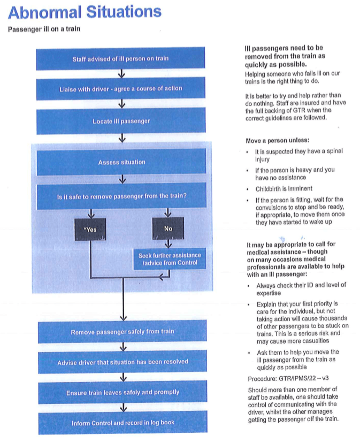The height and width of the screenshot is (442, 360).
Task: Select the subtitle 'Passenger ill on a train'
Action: [x=44, y=28]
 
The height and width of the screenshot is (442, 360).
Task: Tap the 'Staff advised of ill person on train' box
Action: [x=121, y=58]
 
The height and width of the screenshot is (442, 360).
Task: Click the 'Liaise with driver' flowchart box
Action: [x=121, y=88]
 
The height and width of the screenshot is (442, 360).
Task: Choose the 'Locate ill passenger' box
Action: [x=121, y=121]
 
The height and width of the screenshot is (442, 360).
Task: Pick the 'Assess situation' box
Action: [x=121, y=162]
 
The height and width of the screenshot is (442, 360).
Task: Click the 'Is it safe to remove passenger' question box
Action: [x=121, y=196]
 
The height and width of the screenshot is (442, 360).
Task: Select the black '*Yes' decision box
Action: [x=91, y=229]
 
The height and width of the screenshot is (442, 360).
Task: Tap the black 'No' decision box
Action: [x=168, y=229]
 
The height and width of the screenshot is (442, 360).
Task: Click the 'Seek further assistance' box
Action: [x=170, y=259]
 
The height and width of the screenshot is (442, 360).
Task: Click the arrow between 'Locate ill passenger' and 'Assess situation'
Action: [x=122, y=139]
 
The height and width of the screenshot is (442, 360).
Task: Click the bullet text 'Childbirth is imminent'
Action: [x=284, y=188]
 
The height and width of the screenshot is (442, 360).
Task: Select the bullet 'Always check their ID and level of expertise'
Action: [x=301, y=289]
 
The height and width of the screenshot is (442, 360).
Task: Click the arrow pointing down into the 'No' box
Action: [x=168, y=214]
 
